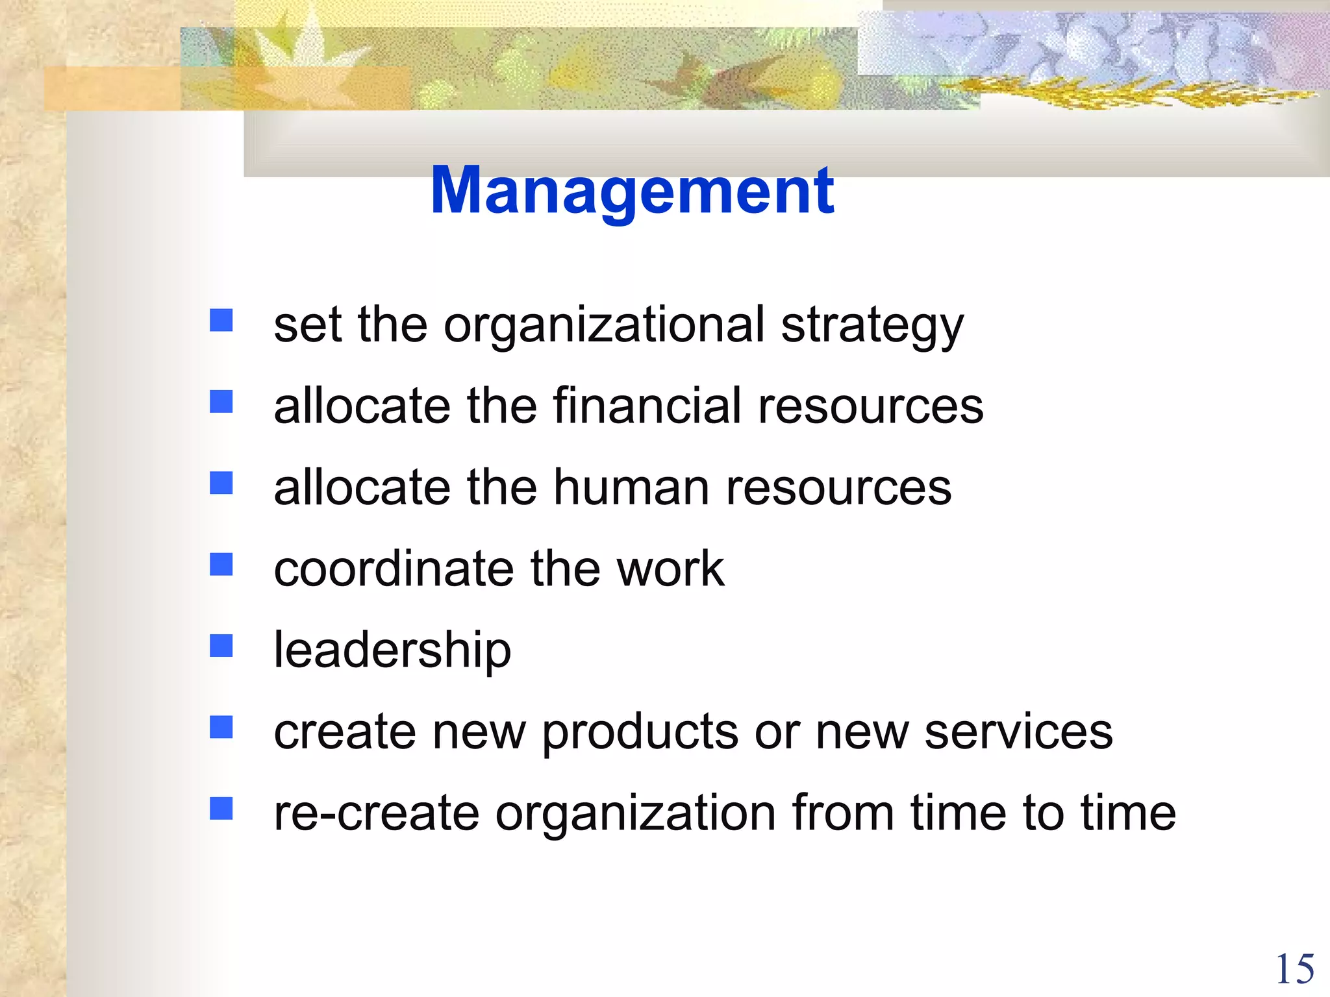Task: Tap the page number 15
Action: tap(1295, 970)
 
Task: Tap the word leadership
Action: tap(392, 650)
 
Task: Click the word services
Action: tap(1018, 732)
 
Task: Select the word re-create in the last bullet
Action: tap(377, 813)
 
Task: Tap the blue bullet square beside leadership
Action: tap(221, 646)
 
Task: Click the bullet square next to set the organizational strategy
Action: tap(221, 320)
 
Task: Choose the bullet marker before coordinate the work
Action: tap(221, 564)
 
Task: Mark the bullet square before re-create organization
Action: tap(221, 809)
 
